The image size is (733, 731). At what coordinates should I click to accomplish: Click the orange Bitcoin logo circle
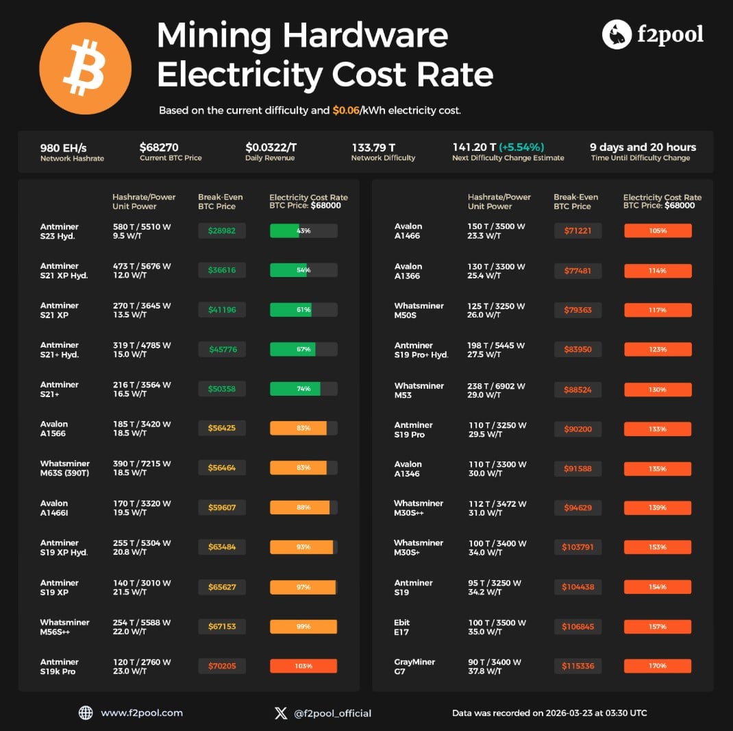(85, 69)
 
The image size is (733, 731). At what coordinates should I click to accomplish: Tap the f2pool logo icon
(617, 34)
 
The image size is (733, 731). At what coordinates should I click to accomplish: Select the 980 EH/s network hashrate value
(63, 147)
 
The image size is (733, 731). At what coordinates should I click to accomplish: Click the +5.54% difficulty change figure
(521, 147)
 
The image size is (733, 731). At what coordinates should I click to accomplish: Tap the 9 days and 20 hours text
(643, 147)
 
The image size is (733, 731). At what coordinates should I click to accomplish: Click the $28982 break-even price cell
(222, 231)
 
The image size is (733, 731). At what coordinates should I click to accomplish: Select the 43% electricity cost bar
(303, 231)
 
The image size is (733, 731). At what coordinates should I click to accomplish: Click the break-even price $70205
(222, 666)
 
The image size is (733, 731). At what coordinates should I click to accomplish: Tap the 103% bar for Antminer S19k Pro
(303, 666)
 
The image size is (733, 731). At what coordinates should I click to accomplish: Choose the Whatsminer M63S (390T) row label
(65, 468)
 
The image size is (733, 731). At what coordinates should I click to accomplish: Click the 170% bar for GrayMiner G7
(658, 666)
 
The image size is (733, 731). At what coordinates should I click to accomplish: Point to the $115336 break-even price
(577, 666)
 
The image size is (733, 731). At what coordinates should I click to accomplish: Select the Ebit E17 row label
(402, 627)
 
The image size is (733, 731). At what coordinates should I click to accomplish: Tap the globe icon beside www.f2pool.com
(86, 712)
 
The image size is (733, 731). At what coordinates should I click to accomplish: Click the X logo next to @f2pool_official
(281, 713)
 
